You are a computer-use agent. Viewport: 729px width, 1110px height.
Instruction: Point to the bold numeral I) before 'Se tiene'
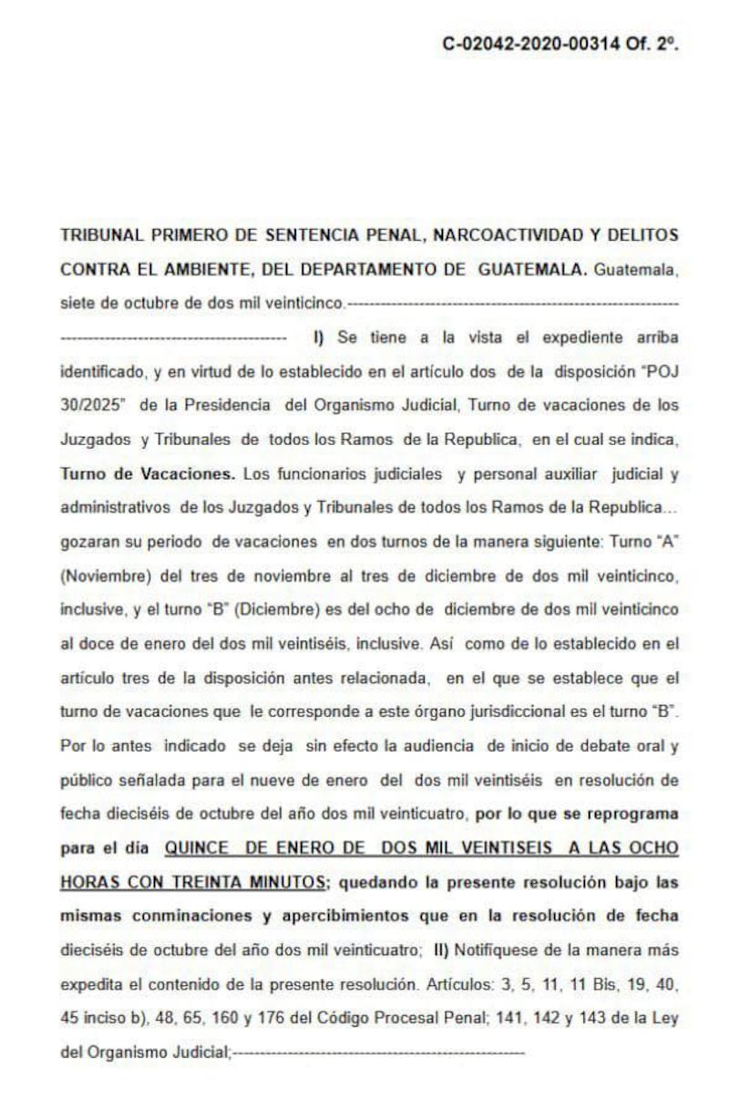pyautogui.click(x=319, y=337)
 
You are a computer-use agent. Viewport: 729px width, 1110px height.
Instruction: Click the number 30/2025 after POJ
pyautogui.click(x=92, y=404)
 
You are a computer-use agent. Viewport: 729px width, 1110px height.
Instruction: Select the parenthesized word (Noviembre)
pyautogui.click(x=102, y=576)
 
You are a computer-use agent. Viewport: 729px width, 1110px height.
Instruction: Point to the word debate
pyautogui.click(x=597, y=745)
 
